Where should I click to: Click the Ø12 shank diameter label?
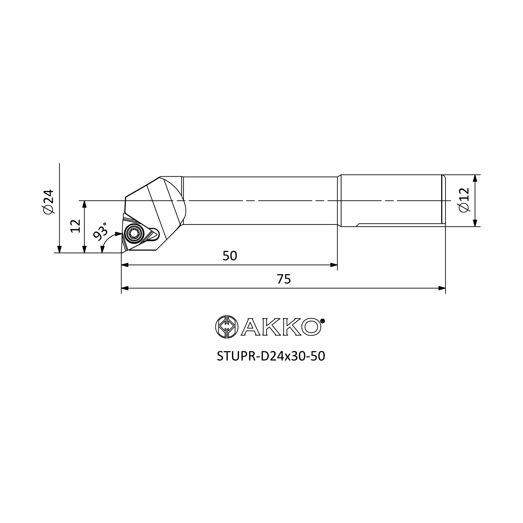(x=464, y=200)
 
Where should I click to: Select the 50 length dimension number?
(x=230, y=256)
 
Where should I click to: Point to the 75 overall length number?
(x=284, y=279)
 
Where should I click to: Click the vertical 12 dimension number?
(x=76, y=226)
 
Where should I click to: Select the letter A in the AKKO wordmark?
(x=251, y=327)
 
